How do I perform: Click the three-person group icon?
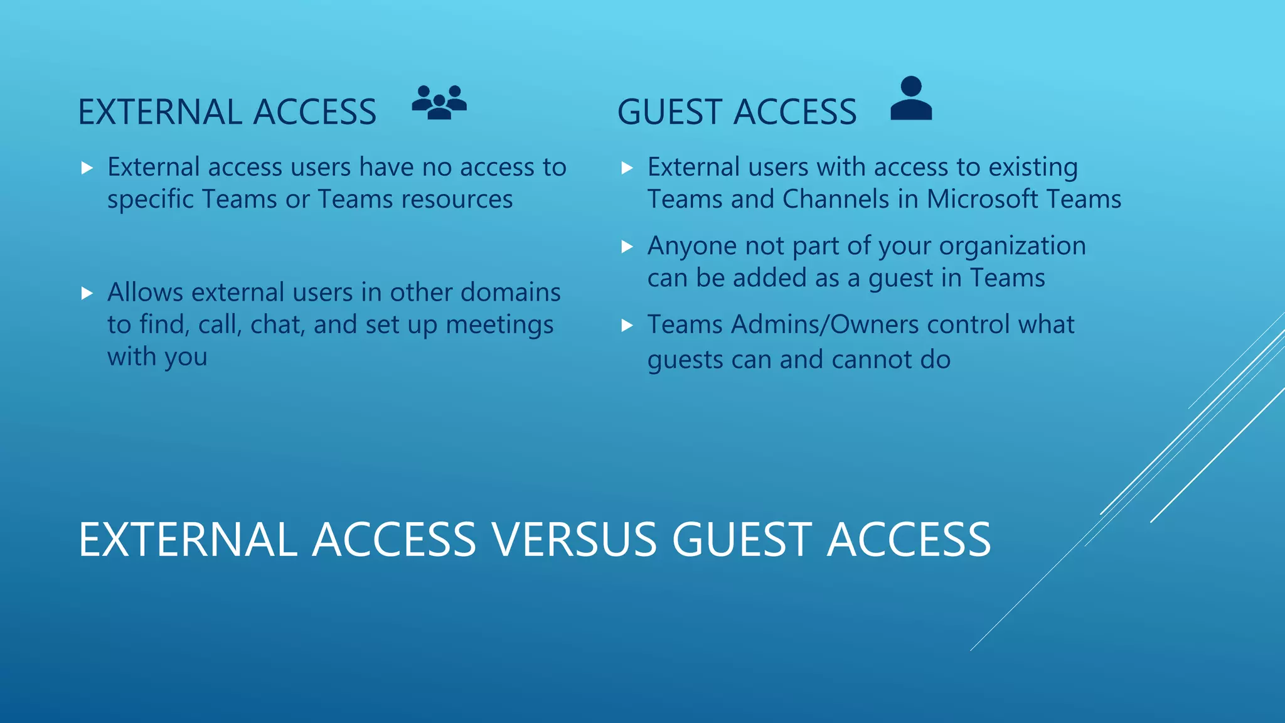tap(439, 102)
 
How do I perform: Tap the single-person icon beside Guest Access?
tap(911, 99)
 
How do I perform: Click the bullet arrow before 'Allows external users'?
tap(87, 293)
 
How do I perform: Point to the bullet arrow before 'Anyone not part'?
tap(627, 247)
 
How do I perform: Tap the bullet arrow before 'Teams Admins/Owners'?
tap(627, 325)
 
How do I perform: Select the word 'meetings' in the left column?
tap(499, 324)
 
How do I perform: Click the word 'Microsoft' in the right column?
tap(983, 199)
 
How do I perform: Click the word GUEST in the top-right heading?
tap(671, 112)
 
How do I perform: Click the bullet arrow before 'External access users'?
tap(87, 168)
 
